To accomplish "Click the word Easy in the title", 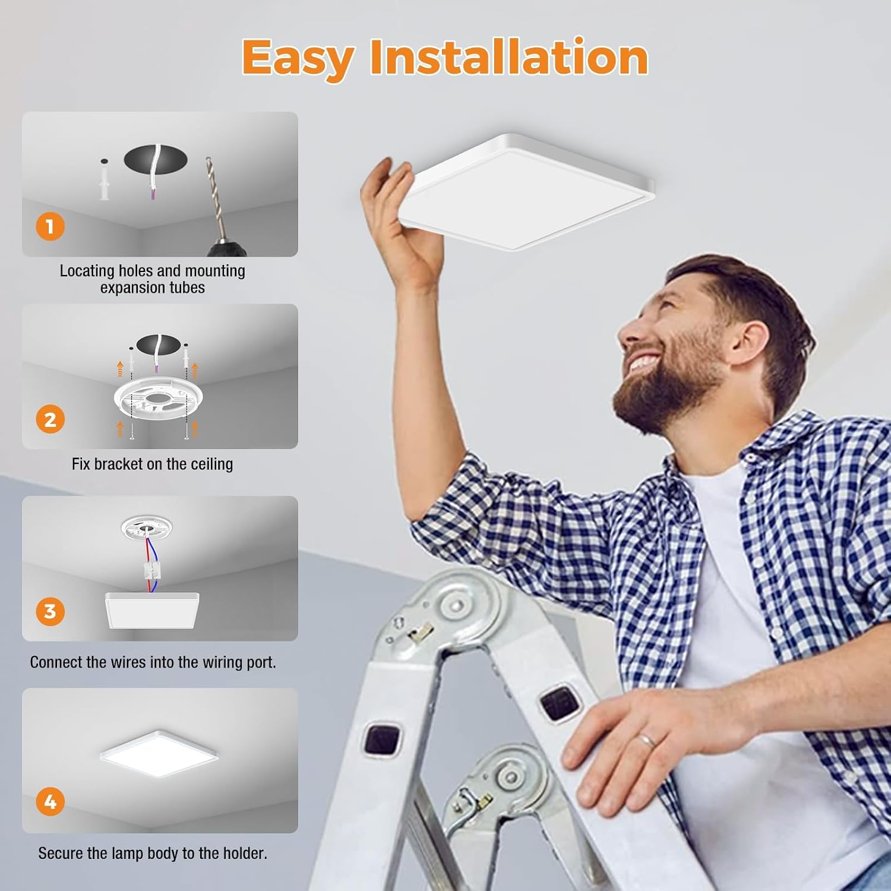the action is (x=298, y=58).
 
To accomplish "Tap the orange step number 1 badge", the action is (x=50, y=226).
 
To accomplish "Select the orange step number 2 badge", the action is (x=50, y=419).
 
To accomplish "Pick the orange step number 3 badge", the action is (x=50, y=611).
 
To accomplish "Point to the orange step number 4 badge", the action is (x=50, y=802).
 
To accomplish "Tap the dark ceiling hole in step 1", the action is (x=156, y=159).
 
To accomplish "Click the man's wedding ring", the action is (x=647, y=741).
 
